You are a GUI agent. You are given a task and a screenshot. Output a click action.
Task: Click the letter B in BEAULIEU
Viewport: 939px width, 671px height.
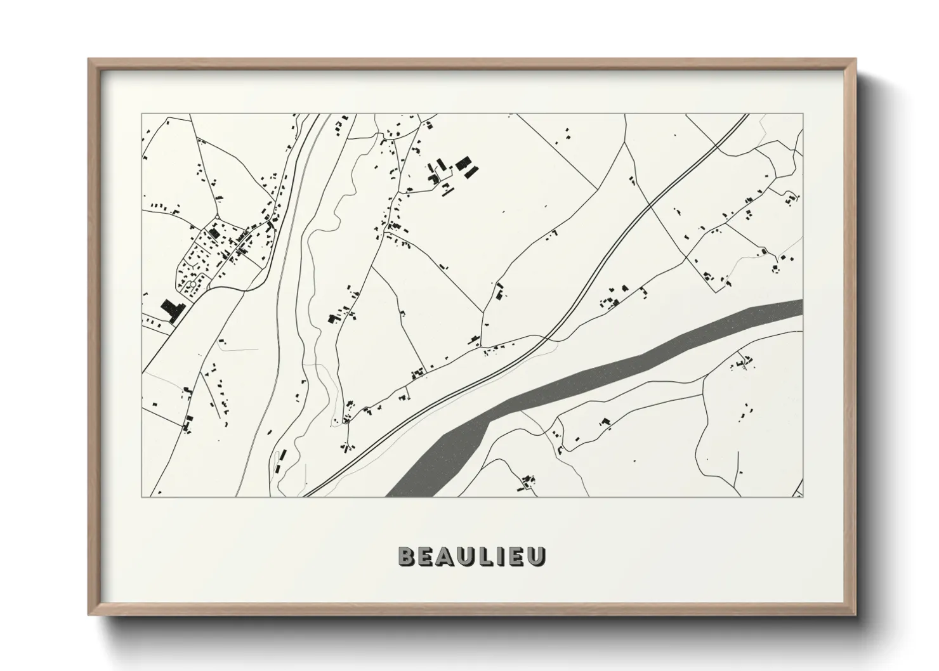click(406, 556)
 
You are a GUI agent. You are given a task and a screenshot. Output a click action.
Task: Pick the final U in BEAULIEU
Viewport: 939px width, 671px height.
click(537, 556)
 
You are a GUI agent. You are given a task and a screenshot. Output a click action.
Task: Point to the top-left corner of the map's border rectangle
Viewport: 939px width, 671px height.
click(141, 114)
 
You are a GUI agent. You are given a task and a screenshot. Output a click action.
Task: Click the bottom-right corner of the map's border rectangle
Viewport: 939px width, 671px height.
click(803, 497)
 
